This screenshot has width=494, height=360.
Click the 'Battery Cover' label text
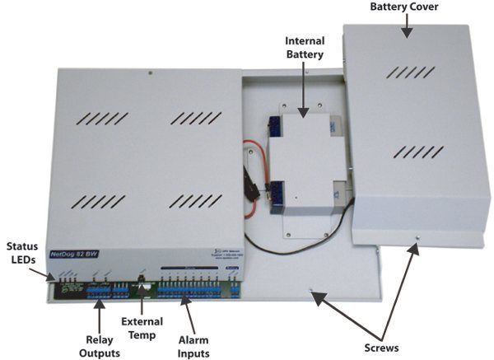pyautogui.click(x=403, y=7)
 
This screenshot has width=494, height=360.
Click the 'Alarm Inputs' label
pyautogui.click(x=187, y=346)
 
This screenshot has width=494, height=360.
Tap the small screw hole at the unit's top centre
pyautogui.click(x=150, y=73)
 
